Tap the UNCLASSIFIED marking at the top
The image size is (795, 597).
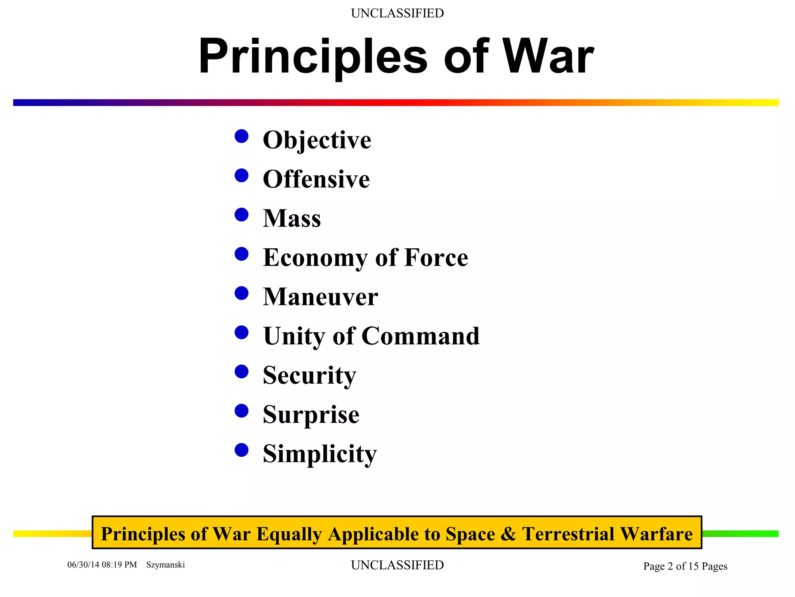point(397,13)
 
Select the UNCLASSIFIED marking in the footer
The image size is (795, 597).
point(397,565)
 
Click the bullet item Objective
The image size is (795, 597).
point(317,140)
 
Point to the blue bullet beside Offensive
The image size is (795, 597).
point(241,176)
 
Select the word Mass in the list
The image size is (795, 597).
point(292,218)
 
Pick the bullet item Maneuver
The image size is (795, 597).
point(320,297)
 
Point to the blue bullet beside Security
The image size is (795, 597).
point(241,372)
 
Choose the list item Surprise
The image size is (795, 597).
point(311,415)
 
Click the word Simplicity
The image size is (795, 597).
point(319,454)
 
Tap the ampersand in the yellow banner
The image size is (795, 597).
point(508,534)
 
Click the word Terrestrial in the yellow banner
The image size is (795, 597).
point(568,534)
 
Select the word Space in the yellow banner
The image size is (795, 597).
point(470,534)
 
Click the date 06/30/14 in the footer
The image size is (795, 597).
point(83,565)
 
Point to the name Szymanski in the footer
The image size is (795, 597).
point(165,565)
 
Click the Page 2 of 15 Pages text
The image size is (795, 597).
point(685,566)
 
